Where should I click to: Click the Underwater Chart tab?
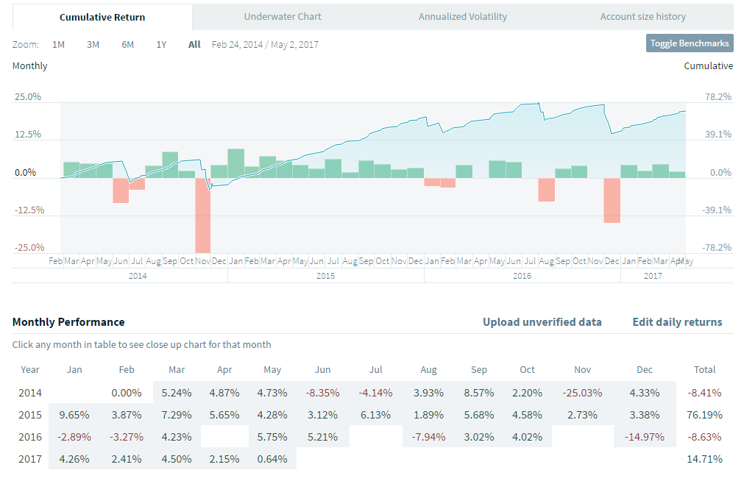283,16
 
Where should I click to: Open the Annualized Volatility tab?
462,16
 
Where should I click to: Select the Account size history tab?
642,16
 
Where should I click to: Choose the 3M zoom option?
93,44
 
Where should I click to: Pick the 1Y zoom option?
161,44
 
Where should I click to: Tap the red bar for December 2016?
612,200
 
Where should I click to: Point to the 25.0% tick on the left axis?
29,97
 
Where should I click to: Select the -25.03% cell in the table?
582,394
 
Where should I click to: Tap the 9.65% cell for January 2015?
74,415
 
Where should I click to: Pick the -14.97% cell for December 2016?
645,437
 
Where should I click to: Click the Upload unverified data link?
542,322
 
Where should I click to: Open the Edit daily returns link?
677,322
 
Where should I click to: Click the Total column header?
704,370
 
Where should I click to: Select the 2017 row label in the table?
29,459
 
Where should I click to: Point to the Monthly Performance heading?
68,322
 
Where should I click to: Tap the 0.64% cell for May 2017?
272,459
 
